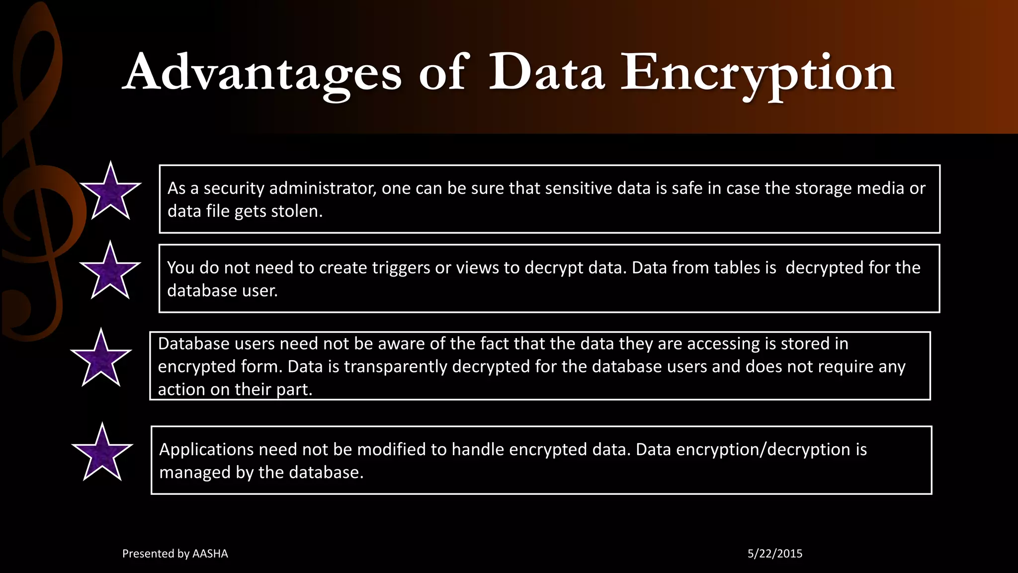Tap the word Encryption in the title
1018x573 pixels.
click(x=758, y=73)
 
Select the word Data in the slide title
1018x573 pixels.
click(x=547, y=73)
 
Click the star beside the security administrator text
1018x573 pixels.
click(x=110, y=193)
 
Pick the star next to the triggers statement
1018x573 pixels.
click(x=110, y=273)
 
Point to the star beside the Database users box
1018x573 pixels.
click(x=101, y=360)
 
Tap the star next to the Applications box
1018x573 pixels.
click(x=102, y=454)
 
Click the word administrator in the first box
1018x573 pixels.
click(x=323, y=188)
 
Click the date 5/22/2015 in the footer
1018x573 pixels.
click(x=775, y=554)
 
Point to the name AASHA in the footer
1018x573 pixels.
click(x=210, y=554)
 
